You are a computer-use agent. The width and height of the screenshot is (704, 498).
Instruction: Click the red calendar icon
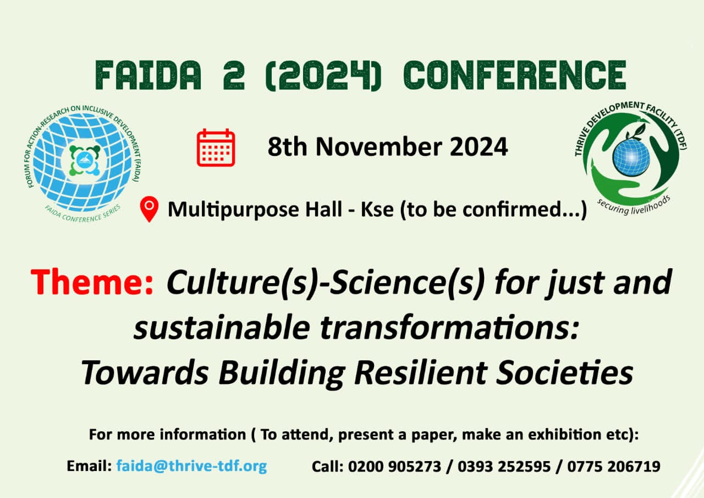[x=216, y=147]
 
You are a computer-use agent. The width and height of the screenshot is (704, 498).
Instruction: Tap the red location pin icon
[x=149, y=209]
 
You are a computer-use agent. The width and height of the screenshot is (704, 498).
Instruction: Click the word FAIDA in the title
[x=148, y=75]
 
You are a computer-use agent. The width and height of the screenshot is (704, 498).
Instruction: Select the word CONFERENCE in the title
[x=515, y=75]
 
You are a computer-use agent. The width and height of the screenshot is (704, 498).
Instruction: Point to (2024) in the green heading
[x=324, y=75]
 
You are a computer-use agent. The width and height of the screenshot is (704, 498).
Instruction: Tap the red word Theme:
[x=92, y=282]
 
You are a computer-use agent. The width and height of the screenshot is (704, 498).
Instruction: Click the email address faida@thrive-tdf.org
[x=192, y=466]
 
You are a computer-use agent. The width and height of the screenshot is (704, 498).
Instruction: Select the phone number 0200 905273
[x=394, y=466]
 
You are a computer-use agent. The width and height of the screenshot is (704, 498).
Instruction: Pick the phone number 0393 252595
[x=504, y=466]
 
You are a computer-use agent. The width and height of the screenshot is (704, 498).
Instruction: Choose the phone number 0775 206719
[x=613, y=466]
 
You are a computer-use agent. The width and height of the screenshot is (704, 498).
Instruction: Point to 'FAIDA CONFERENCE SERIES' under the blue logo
[x=82, y=215]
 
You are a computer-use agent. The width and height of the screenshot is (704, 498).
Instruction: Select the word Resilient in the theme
[x=421, y=373]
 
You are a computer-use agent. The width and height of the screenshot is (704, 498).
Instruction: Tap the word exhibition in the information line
[x=563, y=435]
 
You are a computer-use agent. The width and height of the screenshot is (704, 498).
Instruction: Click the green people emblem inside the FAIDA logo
[x=85, y=160]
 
